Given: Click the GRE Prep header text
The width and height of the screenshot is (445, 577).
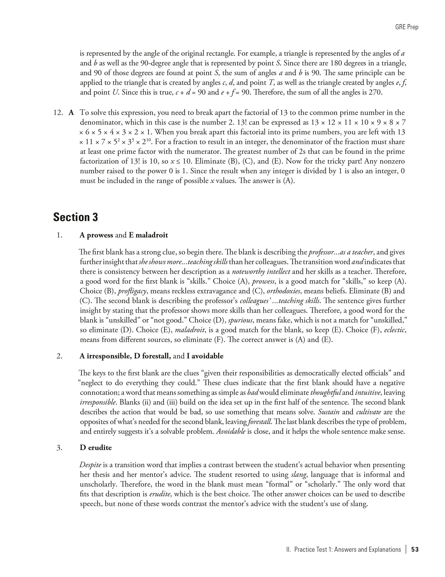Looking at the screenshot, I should pos(407,27).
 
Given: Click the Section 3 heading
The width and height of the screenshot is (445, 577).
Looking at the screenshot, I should pos(75,217).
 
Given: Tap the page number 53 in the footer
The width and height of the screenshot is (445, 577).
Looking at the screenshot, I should pos(415,549).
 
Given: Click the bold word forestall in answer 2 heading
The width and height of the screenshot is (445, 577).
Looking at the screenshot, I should pos(156,356).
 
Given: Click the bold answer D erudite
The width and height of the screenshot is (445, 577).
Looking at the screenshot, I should pos(96,447).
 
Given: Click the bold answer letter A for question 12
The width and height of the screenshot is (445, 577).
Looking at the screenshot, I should pos(71,113).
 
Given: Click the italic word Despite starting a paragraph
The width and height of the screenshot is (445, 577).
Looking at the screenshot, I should pos(90,465).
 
